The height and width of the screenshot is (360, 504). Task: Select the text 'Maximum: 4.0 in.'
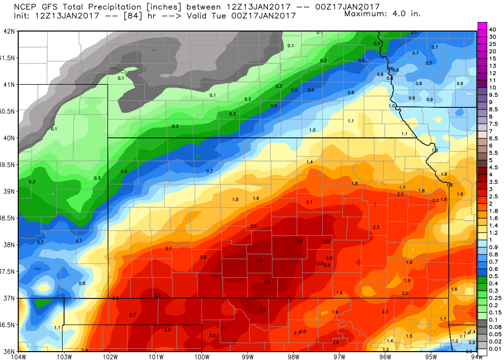(382, 13)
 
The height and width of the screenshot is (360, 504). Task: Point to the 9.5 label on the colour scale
(494, 94)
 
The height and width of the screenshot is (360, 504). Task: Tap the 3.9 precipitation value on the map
(259, 261)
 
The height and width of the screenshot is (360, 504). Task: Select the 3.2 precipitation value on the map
(158, 295)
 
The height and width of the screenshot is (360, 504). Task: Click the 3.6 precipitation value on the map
(267, 282)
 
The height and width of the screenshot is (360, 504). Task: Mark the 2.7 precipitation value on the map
(132, 315)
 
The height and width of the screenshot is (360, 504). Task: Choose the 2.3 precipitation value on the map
(376, 227)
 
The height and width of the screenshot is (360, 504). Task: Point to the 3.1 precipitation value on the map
(223, 328)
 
